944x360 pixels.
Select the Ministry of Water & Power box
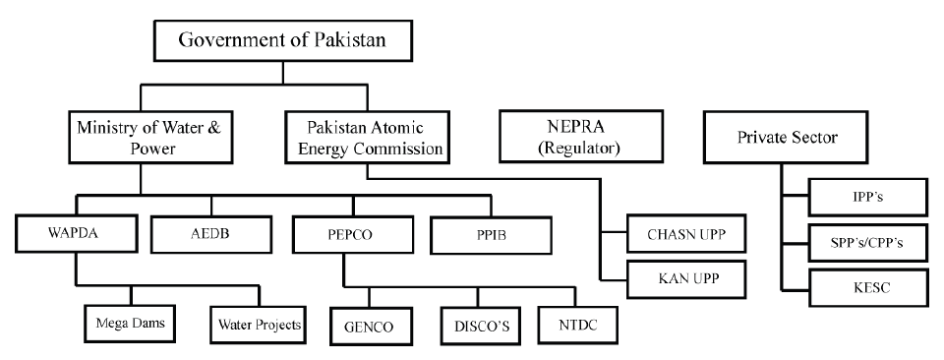141,138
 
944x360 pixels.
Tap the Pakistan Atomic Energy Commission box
366,138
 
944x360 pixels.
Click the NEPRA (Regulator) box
571,138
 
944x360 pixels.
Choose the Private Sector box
787,138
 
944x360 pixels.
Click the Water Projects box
260,322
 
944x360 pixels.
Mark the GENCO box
370,324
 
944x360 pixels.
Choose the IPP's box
868,197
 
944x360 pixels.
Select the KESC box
868,288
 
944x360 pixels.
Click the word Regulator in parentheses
571,150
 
